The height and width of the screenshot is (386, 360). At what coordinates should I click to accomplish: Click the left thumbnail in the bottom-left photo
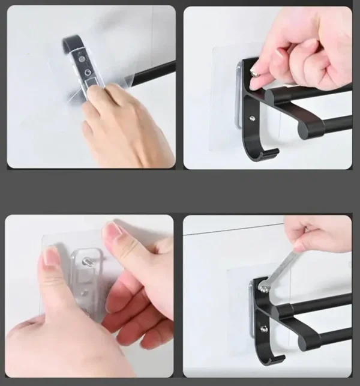(x=50, y=256)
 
